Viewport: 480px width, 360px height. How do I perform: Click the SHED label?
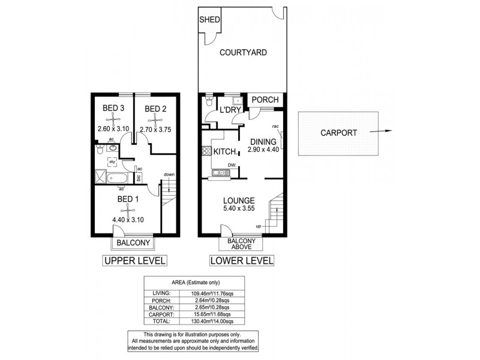(210, 19)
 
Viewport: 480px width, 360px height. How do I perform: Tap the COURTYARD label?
(242, 53)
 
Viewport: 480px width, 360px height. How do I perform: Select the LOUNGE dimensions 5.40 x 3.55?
(238, 209)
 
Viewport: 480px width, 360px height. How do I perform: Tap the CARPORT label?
(339, 133)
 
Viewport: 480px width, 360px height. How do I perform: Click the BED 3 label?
(113, 109)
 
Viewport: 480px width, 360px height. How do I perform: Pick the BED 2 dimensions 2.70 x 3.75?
(155, 128)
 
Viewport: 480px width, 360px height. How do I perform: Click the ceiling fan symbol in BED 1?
(127, 209)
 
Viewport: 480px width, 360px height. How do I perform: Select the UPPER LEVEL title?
(134, 261)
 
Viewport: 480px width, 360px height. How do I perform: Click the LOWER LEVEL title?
(241, 261)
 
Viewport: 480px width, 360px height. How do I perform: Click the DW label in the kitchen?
(231, 165)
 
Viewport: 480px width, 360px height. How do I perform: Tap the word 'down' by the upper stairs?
(169, 175)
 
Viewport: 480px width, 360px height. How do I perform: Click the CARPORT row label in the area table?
(164, 314)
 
